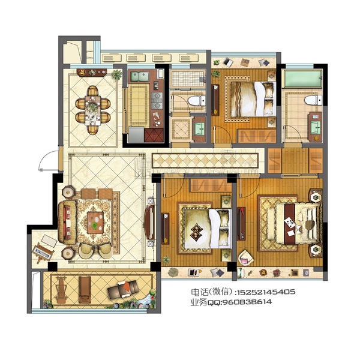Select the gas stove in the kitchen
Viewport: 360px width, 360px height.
tap(157, 100)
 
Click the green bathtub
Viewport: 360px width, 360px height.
tap(302, 79)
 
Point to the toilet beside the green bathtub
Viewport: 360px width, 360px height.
tap(313, 100)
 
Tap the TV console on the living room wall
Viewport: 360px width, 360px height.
tap(149, 222)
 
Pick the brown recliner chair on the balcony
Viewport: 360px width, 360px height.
tap(123, 289)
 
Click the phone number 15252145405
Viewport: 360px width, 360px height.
tap(266, 292)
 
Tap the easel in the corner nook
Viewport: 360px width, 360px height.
tap(43, 253)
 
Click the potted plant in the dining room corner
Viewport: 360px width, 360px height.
tap(117, 74)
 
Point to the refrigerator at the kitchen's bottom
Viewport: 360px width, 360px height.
tap(136, 135)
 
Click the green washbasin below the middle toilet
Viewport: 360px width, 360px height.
tap(199, 129)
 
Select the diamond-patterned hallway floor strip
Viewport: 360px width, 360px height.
tap(205, 160)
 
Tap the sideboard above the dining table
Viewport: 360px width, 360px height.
tap(92, 73)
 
